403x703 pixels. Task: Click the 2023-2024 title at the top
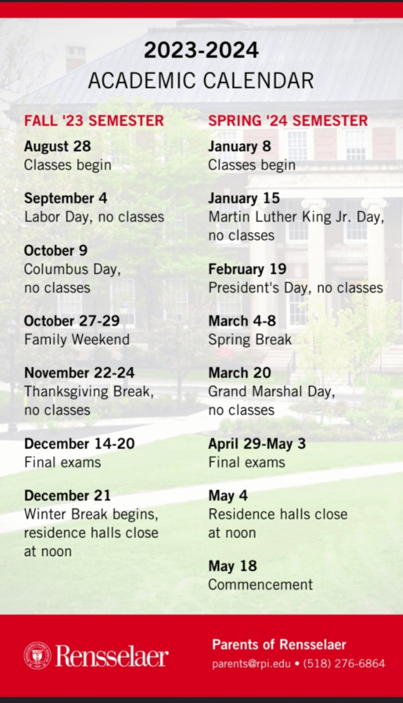pos(201,50)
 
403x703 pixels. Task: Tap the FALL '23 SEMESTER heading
pos(94,121)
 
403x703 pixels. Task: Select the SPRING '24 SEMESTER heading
pos(288,121)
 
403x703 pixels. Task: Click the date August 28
pos(57,146)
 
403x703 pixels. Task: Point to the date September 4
pos(66,198)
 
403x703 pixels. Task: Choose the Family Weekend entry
pos(77,339)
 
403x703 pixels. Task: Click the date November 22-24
pos(79,373)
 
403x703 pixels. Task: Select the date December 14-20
pos(79,443)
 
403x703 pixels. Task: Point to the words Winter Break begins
pos(91,514)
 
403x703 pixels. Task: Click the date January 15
pos(244,198)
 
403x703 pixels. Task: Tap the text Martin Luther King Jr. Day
pos(296,217)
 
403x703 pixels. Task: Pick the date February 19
pos(247,269)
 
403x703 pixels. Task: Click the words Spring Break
pos(250,339)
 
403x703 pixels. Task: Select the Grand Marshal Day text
pos(271,391)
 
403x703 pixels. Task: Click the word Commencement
pos(260,584)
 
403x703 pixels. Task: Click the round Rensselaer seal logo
pos(37,656)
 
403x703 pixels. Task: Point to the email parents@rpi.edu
pos(251,664)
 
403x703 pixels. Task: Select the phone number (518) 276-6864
pos(344,664)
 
